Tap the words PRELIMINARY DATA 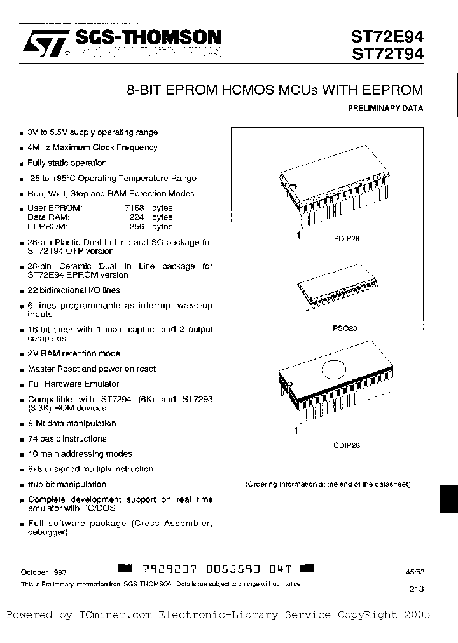385,108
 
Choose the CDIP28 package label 346,445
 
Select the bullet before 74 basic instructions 22,439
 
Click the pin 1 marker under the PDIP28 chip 297,234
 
